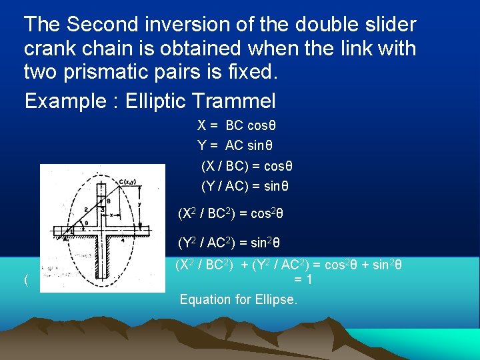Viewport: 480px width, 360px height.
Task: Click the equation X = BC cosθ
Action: coord(237,125)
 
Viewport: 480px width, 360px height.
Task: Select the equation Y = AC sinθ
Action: coord(235,145)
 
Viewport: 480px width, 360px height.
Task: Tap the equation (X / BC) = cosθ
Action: coord(247,166)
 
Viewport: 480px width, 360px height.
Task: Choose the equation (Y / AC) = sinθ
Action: coord(245,186)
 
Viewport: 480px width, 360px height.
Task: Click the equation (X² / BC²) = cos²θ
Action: coord(231,215)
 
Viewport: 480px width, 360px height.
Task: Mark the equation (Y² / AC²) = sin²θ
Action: coord(229,243)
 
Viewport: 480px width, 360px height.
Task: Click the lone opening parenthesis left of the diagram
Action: coord(25,281)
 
